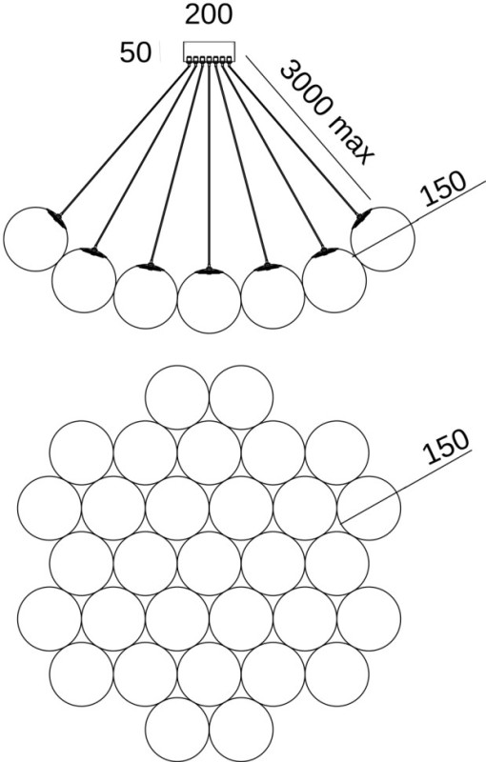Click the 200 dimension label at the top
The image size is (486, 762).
coord(209,14)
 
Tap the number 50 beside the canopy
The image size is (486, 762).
coord(135,52)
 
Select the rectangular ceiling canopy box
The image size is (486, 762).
coord(209,51)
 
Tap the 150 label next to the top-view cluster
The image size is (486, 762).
coord(446,446)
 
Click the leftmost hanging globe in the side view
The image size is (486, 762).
coord(35,239)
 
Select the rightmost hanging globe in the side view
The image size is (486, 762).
coord(383,239)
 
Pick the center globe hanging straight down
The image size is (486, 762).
coord(209,301)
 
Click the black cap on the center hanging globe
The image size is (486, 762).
coord(209,271)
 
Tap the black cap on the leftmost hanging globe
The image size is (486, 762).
coord(56,218)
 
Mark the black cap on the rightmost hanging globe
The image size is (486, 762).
coord(362,218)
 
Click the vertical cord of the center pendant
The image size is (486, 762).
coord(209,165)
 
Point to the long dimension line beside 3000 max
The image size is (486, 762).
coord(308,128)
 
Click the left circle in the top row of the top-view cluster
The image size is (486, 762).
coord(177,397)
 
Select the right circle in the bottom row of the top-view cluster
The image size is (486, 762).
coord(241,730)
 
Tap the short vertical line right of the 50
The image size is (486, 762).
coord(160,51)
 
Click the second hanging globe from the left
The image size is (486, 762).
coord(84,280)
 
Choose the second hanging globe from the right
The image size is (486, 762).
coord(334,280)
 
